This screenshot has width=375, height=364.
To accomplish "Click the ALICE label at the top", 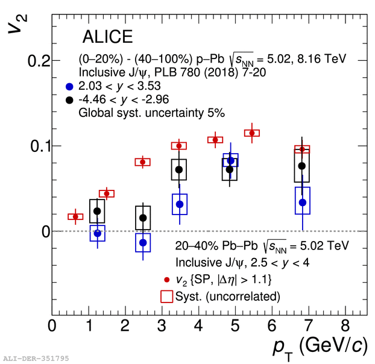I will click(x=107, y=37).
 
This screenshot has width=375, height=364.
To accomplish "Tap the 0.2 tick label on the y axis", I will click(x=34, y=60).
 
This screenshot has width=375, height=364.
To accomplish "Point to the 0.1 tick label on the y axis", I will click(x=34, y=146).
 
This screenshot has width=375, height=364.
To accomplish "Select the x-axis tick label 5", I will click(x=235, y=326).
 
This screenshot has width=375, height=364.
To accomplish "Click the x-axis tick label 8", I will click(x=345, y=326).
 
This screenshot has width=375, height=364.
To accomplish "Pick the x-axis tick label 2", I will click(x=125, y=326).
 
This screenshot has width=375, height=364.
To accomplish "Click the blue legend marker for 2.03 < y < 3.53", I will click(x=70, y=86).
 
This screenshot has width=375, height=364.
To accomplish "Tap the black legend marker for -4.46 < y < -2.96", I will click(x=70, y=99).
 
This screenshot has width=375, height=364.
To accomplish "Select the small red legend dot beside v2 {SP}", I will click(x=166, y=280).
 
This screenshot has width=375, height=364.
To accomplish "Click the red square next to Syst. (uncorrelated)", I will click(x=166, y=296).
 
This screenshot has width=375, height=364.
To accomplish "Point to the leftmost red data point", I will click(x=75, y=216).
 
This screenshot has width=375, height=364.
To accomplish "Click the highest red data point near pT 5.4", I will click(x=251, y=133).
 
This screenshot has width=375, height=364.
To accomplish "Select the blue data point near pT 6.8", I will click(x=302, y=202).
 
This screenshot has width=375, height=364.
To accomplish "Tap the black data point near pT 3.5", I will click(x=179, y=169).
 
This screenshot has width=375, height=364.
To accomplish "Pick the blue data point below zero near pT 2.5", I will click(x=143, y=242).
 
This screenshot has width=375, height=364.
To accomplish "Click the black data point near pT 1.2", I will click(x=97, y=211).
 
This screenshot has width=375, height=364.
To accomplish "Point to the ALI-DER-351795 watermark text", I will click(x=36, y=359).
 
